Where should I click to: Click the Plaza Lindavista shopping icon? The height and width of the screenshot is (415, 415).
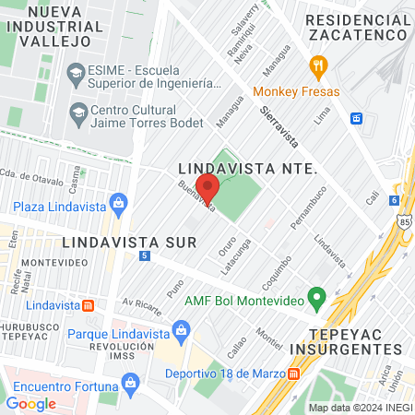pos(117,203)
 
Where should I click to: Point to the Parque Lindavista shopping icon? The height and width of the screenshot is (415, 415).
pos(182,330)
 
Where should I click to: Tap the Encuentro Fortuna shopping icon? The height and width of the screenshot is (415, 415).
pos(131,381)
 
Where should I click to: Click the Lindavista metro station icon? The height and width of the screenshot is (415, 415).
pos(88,305)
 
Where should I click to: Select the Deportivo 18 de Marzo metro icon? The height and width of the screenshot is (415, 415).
pos(293,373)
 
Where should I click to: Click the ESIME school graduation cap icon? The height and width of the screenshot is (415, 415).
pos(75,71)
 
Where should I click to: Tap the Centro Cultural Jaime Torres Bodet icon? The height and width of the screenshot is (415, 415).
pos(78,113)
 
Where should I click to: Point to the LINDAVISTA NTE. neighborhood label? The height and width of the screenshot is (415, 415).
pos(246,170)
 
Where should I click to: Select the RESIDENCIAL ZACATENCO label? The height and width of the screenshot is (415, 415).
pos(356,26)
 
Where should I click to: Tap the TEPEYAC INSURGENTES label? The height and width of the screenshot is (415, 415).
pos(345,340)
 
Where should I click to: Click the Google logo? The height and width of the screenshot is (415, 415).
pos(30,403)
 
